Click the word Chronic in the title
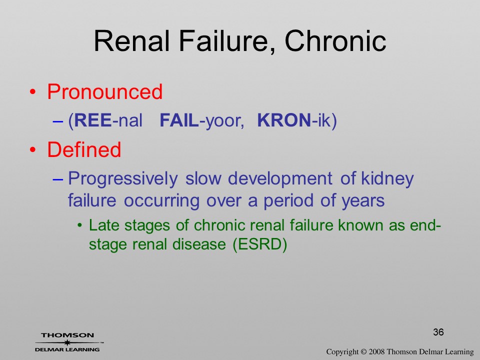[335, 41]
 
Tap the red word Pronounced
[104, 91]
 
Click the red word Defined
[84, 149]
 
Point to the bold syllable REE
[93, 120]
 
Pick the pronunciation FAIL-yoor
[201, 120]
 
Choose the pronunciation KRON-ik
[294, 120]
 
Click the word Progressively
[123, 179]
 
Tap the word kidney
[387, 179]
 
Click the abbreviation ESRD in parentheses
[259, 244]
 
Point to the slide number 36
[438, 332]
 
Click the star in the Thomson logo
[67, 342]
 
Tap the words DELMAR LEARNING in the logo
[67, 349]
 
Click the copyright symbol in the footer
[363, 352]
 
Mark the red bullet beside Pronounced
[33, 92]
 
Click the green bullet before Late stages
[80, 226]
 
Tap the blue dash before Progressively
[57, 179]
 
